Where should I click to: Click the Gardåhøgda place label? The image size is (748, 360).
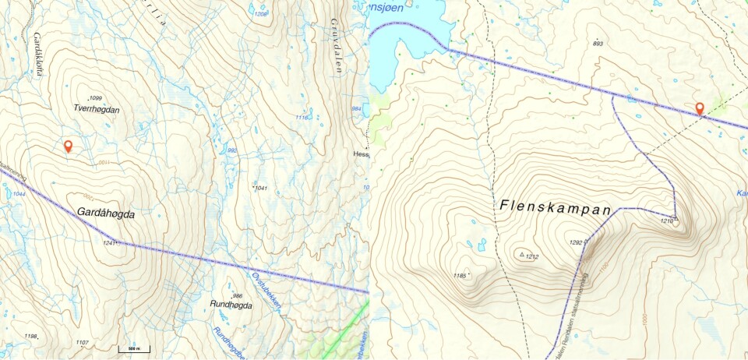click(x=106, y=213)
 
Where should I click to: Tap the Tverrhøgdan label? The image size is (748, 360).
click(x=97, y=110)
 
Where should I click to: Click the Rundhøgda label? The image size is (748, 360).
click(x=231, y=305)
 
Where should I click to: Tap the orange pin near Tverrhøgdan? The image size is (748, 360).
click(x=68, y=146)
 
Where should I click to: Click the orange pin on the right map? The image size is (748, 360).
click(x=700, y=109)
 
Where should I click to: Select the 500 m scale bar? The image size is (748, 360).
click(x=134, y=348)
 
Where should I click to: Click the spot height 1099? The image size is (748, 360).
click(x=96, y=98)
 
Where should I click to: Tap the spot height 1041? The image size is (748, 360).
click(x=261, y=188)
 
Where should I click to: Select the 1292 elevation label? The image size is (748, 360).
click(x=577, y=242)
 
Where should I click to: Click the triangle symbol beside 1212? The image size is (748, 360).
click(x=521, y=254)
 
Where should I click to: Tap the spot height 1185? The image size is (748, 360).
click(x=460, y=275)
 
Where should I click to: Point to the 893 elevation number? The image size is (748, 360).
click(x=598, y=43)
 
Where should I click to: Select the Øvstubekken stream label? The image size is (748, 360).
click(x=265, y=289)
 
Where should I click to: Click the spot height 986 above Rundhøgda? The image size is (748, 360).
click(x=238, y=295)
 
